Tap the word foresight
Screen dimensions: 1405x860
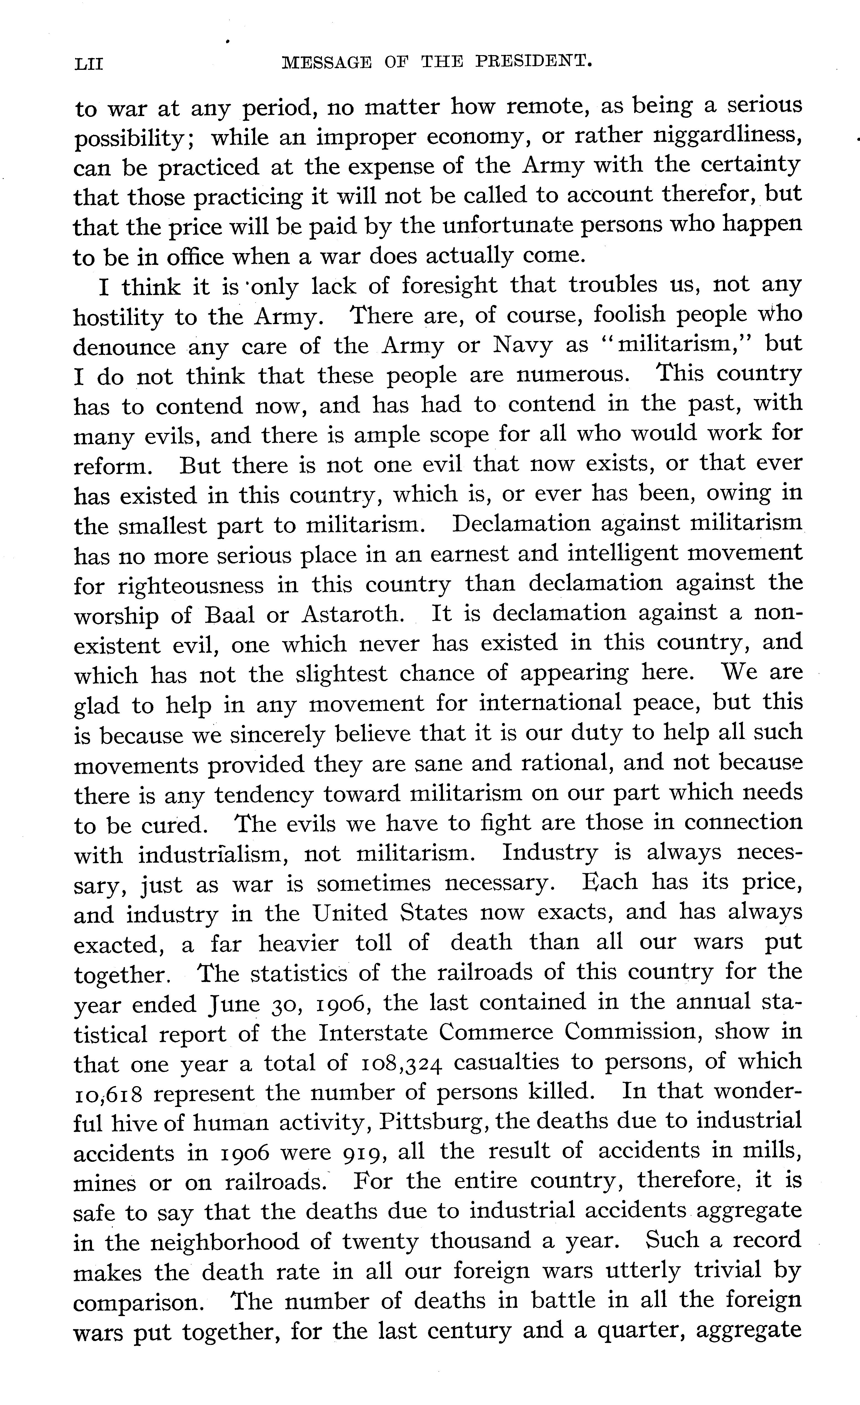(x=449, y=285)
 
